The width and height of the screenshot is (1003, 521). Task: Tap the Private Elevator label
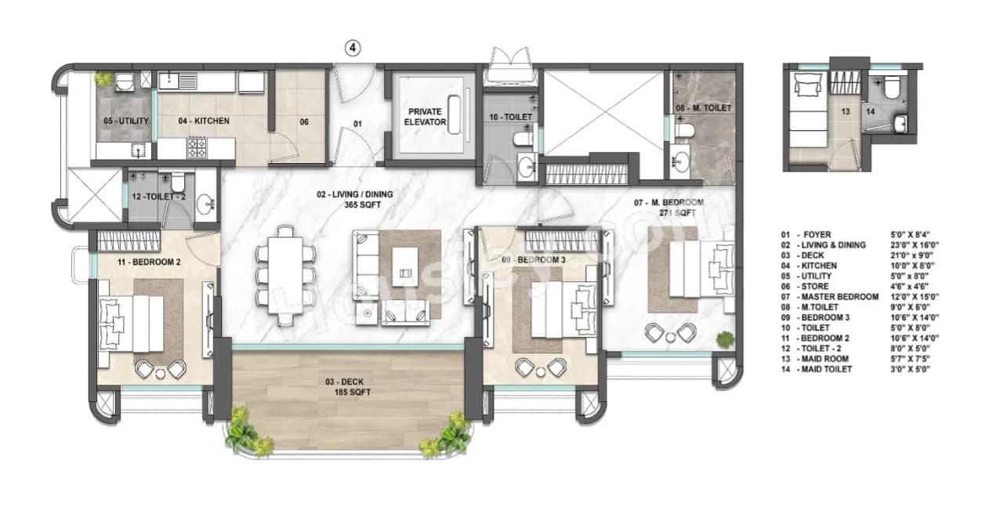(x=427, y=117)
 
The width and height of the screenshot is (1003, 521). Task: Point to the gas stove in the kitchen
(x=196, y=146)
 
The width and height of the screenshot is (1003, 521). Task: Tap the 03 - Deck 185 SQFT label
(x=349, y=387)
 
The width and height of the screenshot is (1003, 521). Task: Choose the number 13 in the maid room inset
(x=845, y=112)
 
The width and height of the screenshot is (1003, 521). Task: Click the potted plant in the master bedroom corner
(x=725, y=339)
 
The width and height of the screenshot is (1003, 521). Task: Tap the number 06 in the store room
(x=304, y=121)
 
